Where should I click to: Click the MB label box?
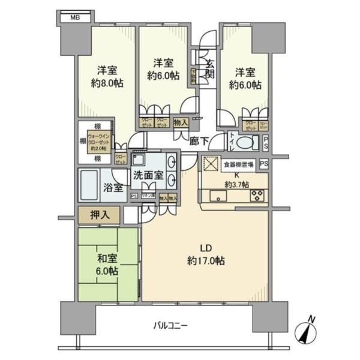click(x=75, y=17)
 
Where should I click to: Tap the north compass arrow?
click(x=309, y=332)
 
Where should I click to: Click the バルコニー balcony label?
click(x=170, y=325)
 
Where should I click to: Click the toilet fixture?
click(x=246, y=143)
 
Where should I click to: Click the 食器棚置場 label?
click(x=238, y=164)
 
